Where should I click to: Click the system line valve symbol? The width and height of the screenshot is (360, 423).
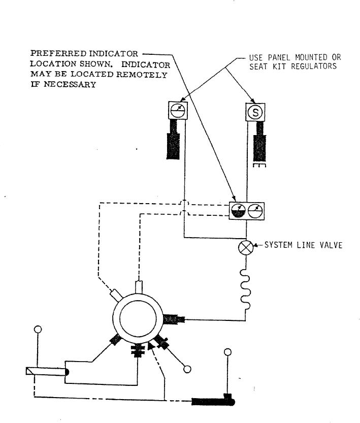pos(246,248)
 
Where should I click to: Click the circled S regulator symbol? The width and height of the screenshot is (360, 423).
pos(255,112)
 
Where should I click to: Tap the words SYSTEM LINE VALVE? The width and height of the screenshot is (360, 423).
pos(303,245)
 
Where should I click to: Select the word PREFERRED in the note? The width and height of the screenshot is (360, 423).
pos(58,53)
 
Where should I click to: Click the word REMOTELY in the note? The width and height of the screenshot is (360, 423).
pos(142,75)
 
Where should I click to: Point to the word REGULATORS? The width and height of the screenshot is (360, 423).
pos(314,67)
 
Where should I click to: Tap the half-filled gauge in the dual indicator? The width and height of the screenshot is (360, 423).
pos(238,211)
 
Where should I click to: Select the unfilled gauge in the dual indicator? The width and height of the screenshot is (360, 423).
pos(255,211)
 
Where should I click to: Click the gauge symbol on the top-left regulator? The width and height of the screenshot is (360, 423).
pos(178,110)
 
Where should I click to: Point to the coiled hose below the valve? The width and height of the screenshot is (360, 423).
pos(245,289)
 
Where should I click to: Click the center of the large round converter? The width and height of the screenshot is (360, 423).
pos(138,318)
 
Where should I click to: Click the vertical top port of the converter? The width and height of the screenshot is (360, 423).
pos(139,287)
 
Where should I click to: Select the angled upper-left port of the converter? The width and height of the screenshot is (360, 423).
pos(116,295)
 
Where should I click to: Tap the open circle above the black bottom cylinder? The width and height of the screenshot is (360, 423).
pos(228,352)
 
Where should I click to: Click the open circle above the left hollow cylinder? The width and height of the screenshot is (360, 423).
pos(38,330)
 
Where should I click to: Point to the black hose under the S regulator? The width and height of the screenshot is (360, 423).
pos(260,142)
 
